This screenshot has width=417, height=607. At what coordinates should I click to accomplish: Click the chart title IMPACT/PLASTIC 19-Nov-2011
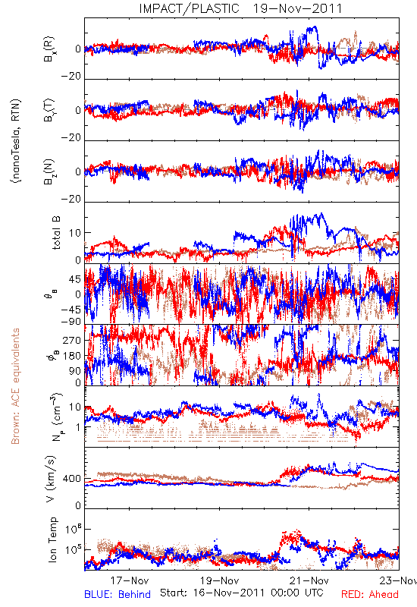pyautogui.click(x=240, y=8)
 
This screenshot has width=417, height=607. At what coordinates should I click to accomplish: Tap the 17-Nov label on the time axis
pyautogui.click(x=130, y=580)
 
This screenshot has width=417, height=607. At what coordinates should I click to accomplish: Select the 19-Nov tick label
pyautogui.click(x=220, y=580)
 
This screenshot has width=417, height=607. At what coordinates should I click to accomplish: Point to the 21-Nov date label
pyautogui.click(x=309, y=580)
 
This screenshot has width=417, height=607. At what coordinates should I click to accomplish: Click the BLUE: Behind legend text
pyautogui.click(x=118, y=594)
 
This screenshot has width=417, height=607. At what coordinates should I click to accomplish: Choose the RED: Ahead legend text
pyautogui.click(x=370, y=594)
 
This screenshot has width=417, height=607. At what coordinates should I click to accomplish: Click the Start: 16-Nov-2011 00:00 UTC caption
pyautogui.click(x=242, y=593)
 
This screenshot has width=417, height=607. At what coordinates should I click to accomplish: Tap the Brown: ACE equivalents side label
pyautogui.click(x=15, y=386)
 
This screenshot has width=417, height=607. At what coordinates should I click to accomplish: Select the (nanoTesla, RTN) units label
pyautogui.click(x=16, y=141)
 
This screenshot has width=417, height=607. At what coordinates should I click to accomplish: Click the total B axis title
pyautogui.click(x=56, y=233)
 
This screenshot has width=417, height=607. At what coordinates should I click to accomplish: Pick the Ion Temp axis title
pyautogui.click(x=52, y=539)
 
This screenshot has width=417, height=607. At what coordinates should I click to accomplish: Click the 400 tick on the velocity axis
pyautogui.click(x=72, y=479)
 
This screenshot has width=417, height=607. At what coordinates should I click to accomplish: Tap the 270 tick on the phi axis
pyautogui.click(x=72, y=340)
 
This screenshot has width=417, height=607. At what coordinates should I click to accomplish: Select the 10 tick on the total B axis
pyautogui.click(x=75, y=233)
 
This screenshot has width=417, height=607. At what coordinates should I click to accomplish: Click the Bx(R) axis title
pyautogui.click(x=49, y=49)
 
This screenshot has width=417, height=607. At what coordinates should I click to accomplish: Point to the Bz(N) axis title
pyautogui.click(x=49, y=172)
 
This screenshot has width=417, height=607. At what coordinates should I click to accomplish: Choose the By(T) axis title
pyautogui.click(x=49, y=110)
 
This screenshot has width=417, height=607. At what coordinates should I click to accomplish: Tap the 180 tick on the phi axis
pyautogui.click(x=72, y=356)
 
